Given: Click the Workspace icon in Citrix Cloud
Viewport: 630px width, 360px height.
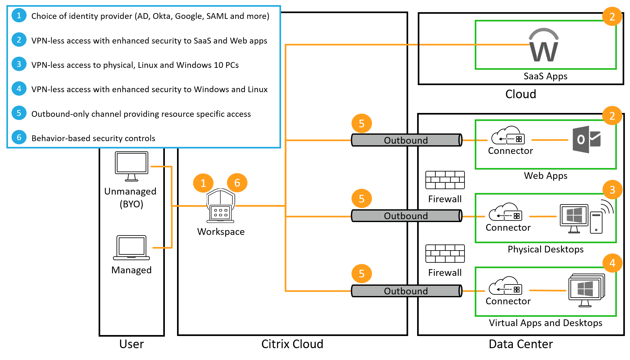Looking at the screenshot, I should (x=221, y=206).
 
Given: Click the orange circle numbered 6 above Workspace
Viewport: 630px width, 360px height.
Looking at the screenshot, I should (x=237, y=183).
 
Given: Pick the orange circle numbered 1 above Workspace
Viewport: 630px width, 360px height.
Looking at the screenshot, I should (x=203, y=183).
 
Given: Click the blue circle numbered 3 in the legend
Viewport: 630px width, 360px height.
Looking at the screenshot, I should (x=19, y=64).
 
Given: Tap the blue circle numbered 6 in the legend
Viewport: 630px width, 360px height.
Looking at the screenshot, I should (x=19, y=138).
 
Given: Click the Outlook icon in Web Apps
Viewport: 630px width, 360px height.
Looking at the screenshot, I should (x=586, y=140).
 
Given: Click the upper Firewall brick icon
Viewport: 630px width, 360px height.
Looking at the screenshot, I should (x=445, y=180).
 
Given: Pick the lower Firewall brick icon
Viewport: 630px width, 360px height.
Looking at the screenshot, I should (x=445, y=253).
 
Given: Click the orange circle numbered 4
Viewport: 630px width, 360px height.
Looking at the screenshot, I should (x=612, y=263).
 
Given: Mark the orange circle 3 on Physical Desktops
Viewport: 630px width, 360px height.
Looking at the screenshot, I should (x=612, y=190).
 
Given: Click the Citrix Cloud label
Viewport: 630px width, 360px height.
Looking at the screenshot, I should (x=292, y=344).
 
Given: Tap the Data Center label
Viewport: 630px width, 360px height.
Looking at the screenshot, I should (x=521, y=344).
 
